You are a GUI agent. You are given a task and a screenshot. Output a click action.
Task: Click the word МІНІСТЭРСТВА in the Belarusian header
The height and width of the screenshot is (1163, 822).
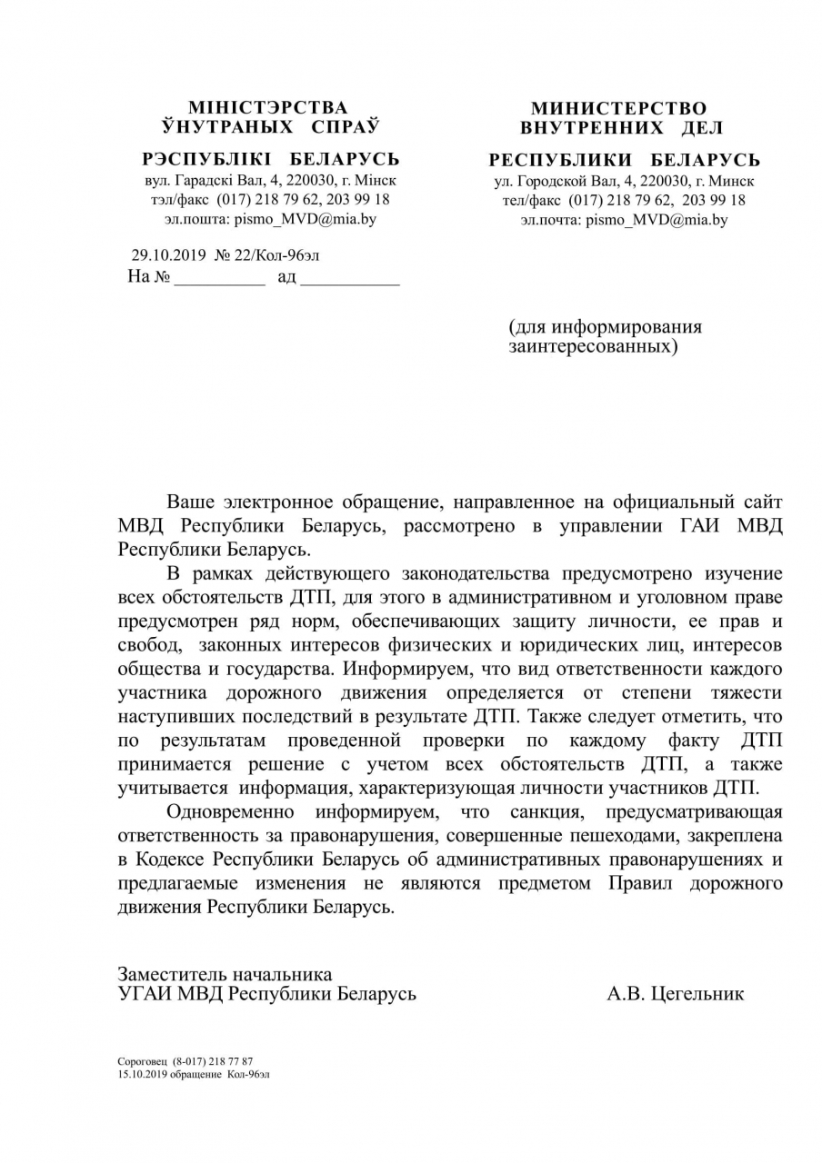(267, 108)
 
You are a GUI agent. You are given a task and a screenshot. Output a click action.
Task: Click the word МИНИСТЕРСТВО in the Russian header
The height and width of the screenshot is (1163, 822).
(618, 109)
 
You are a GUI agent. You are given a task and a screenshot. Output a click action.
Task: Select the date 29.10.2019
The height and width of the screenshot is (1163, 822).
(169, 255)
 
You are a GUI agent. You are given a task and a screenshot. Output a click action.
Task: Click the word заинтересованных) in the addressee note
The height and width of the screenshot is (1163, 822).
(593, 346)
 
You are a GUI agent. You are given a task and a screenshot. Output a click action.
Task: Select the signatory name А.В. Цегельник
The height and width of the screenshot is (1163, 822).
(675, 994)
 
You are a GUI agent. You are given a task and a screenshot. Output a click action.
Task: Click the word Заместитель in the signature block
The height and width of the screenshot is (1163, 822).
(171, 974)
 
